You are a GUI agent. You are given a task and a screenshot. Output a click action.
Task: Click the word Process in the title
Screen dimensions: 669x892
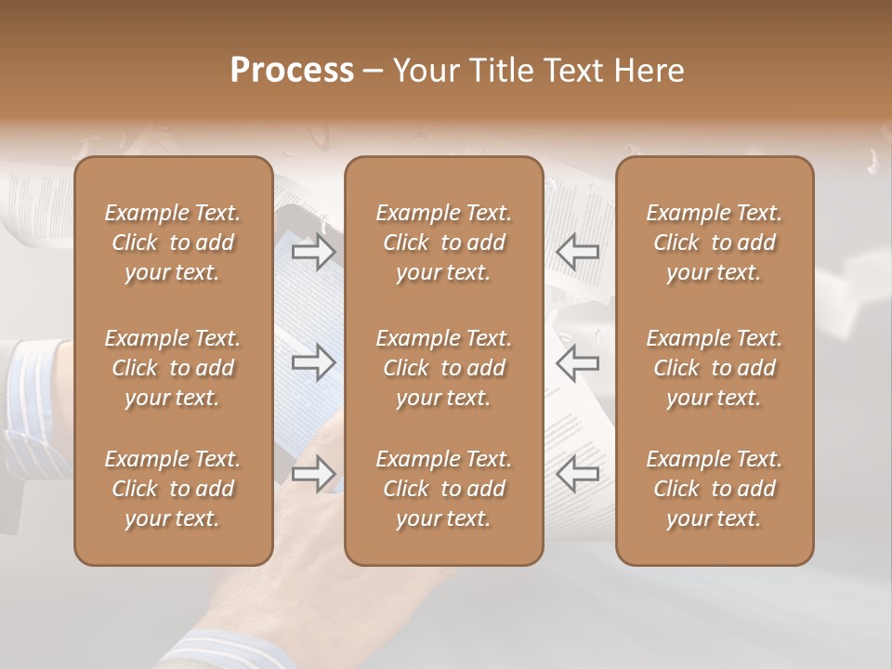coord(292,71)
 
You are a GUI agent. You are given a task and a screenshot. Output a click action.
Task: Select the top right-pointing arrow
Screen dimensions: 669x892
coord(314,252)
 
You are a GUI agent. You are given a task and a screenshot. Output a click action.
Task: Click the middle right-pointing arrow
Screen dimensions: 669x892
coord(314,363)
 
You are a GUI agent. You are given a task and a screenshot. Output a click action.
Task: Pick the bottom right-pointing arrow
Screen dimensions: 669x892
coord(314,475)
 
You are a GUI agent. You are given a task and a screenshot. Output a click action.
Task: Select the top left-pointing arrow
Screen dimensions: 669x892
coord(577,252)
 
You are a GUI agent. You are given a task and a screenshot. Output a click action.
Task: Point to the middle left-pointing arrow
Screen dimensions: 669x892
coord(577,363)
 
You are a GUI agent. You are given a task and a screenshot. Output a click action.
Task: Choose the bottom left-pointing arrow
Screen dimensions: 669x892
coord(577,475)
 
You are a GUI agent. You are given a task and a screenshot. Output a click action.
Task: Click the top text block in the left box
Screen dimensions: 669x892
coord(173,243)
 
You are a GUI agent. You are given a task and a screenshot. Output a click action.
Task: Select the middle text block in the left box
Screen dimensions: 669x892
coord(173,368)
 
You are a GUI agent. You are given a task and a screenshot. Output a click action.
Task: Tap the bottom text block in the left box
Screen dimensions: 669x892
coord(173,489)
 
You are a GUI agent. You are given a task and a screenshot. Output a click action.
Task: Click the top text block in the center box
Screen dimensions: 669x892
coord(444,243)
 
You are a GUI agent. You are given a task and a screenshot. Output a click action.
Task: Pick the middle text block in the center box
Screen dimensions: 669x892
coord(444,368)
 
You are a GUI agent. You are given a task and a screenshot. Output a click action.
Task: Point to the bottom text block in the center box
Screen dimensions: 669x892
coord(444,489)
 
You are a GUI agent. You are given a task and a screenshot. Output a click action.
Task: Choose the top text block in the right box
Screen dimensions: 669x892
coord(715,243)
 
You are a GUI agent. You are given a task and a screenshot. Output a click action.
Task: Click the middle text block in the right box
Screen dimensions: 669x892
coord(715,368)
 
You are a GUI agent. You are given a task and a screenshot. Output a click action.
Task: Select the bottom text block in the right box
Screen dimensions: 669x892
coord(715,489)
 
